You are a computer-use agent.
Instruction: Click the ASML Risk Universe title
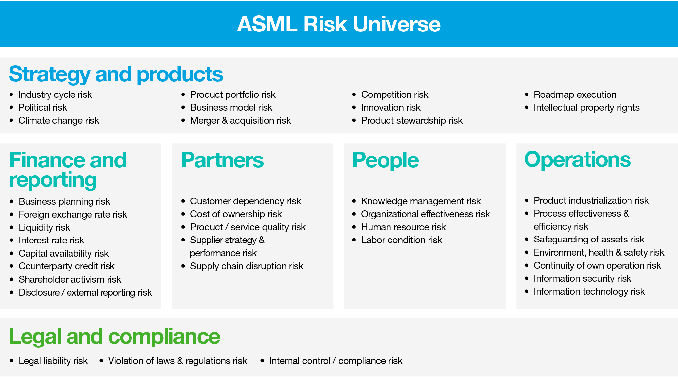(339, 24)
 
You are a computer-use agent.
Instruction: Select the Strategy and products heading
(116, 74)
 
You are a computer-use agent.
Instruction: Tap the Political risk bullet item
(43, 107)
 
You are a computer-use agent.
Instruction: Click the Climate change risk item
(59, 120)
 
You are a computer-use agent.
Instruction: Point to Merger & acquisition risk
(240, 120)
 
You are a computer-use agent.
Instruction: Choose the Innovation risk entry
(390, 107)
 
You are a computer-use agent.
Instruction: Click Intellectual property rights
(586, 107)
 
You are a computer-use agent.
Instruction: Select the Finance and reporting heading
(68, 170)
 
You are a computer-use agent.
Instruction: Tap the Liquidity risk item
(44, 227)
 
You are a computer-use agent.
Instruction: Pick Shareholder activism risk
(70, 279)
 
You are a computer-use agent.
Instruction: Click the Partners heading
(222, 160)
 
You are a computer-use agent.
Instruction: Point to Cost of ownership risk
(236, 214)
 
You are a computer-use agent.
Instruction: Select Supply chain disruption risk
(247, 266)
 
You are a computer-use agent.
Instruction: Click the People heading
(385, 160)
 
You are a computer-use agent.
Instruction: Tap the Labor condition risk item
(401, 240)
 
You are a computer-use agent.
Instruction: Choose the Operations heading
(577, 159)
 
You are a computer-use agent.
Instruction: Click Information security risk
(582, 278)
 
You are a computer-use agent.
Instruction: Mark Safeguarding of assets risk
(589, 239)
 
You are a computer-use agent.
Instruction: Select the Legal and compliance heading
(114, 336)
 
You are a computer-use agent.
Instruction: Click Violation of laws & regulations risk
(177, 361)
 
